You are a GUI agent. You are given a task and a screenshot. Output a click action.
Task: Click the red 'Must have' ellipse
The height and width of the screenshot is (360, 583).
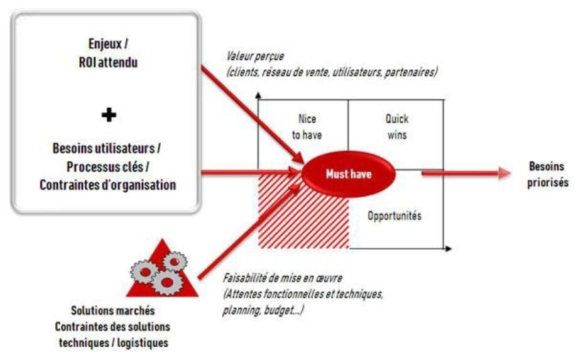pos(349,173)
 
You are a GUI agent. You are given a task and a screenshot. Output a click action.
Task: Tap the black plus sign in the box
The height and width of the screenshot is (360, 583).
pos(109,114)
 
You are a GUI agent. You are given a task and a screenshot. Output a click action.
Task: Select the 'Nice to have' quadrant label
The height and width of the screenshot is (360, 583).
pos(307,127)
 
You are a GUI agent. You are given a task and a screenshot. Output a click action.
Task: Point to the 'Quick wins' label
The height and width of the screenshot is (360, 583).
pos(396,127)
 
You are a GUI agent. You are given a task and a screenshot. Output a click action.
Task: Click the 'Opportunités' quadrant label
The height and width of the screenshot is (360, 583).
pos(395,215)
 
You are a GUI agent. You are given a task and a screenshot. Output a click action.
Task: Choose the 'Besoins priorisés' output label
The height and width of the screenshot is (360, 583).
pos(547,174)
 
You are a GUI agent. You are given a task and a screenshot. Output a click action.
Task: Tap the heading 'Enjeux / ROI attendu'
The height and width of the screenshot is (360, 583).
pos(108,53)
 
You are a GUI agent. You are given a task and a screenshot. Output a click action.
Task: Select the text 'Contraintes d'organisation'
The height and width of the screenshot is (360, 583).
pos(108,185)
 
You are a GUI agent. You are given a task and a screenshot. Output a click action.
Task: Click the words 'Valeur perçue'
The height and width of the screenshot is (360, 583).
pos(255,56)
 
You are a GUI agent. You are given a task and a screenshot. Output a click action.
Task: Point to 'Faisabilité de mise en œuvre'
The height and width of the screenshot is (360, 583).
pos(283,278)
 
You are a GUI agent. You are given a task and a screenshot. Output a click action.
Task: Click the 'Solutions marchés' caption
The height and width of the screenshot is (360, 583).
pos(112,310)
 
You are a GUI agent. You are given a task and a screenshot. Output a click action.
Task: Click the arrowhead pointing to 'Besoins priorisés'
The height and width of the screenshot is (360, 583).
pos(504,173)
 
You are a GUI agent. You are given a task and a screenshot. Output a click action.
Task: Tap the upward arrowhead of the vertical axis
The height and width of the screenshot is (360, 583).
pos(258,95)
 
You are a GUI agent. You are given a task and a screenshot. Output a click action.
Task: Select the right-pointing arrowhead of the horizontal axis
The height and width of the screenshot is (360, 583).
pos(449,248)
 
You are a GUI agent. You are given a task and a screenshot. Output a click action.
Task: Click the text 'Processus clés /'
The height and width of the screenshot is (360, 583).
pos(108,166)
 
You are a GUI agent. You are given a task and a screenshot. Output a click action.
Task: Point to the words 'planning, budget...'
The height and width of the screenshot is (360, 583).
pos(263,310)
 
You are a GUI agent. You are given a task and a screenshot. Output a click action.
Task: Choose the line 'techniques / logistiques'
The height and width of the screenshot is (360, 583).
pos(114,342)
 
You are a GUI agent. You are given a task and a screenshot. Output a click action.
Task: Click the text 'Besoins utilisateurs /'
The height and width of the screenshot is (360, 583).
pos(107,148)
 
